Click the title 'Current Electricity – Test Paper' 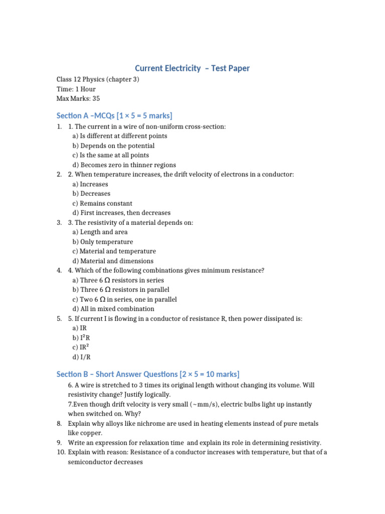pyautogui.click(x=192, y=68)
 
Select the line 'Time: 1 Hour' pyautogui.click(x=76, y=89)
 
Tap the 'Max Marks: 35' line pyautogui.click(x=78, y=98)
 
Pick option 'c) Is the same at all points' pyautogui.click(x=110, y=156)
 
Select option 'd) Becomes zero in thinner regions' pyautogui.click(x=124, y=165)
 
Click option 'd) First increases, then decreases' pyautogui.click(x=121, y=213)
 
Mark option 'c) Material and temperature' pyautogui.click(x=114, y=251)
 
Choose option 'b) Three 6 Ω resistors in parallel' pyautogui.click(x=121, y=290)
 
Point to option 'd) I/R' pyautogui.click(x=81, y=357)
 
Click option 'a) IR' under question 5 pyautogui.click(x=79, y=328)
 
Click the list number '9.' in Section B pyautogui.click(x=59, y=443)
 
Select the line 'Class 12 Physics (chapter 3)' pyautogui.click(x=98, y=79)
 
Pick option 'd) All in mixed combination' pyautogui.click(x=113, y=309)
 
